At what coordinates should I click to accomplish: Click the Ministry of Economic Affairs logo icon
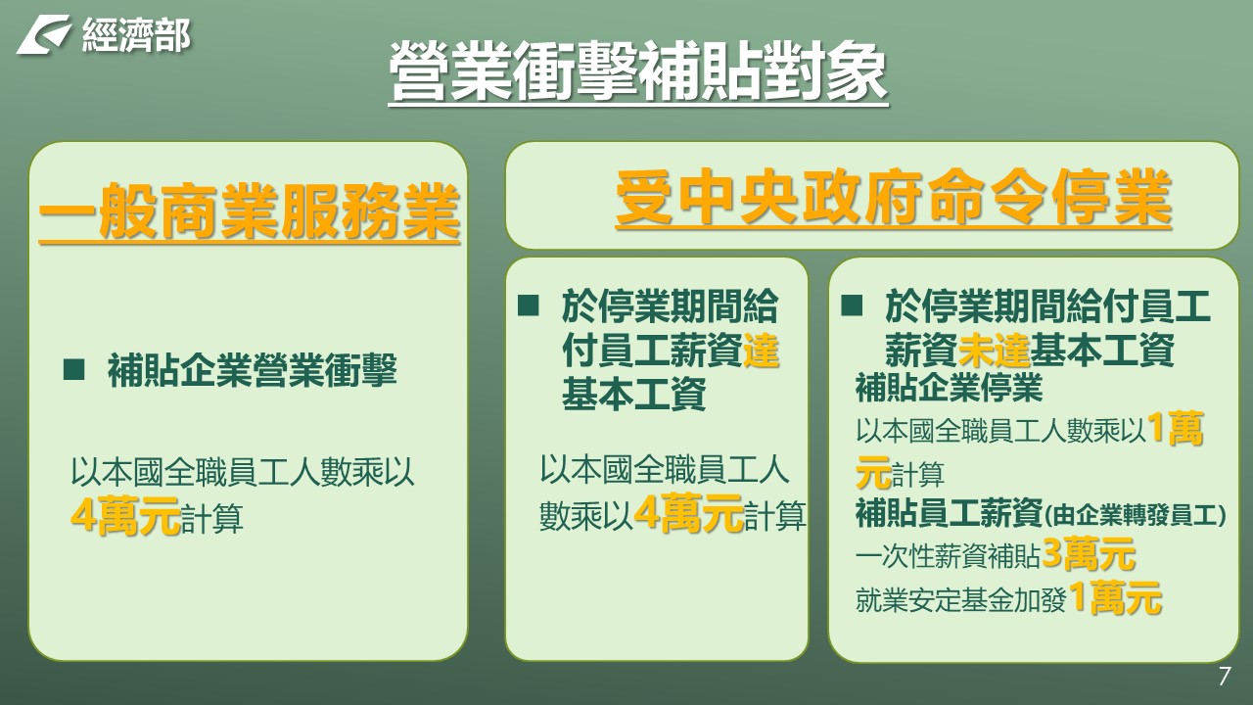[44, 34]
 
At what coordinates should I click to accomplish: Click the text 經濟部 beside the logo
[137, 35]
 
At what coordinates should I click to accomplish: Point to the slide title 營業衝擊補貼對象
[638, 72]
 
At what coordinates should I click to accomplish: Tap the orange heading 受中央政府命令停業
[894, 198]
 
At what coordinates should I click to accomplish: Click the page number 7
[1225, 676]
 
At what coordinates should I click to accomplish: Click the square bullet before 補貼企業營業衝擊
[73, 370]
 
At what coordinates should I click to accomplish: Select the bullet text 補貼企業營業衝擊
[253, 370]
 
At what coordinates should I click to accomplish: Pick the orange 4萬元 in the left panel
[125, 515]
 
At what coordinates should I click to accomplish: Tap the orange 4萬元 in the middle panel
[688, 512]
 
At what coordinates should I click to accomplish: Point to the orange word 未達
[994, 350]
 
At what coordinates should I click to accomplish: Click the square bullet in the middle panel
[528, 305]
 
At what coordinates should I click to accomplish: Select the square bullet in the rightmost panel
[852, 305]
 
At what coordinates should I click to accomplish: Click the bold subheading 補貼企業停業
[950, 387]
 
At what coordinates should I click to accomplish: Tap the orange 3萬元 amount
[1089, 554]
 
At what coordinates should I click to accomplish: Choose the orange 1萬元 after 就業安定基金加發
[1115, 597]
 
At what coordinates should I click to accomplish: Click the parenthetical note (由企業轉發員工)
[1135, 515]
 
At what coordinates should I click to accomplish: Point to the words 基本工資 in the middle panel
[633, 394]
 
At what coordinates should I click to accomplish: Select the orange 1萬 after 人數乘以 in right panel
[1176, 429]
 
